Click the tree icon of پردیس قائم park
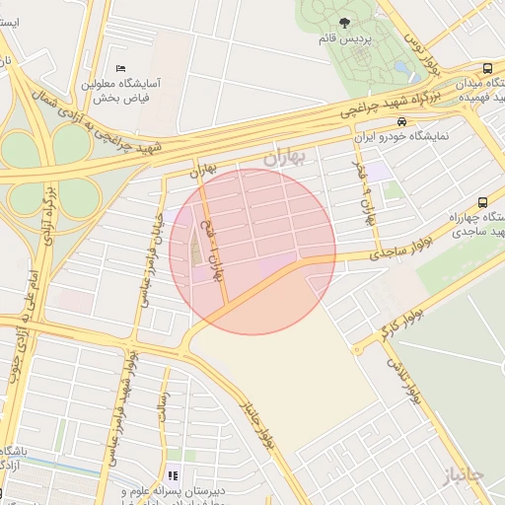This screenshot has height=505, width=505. pyautogui.click(x=343, y=24)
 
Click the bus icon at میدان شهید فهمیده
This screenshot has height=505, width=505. pyautogui.click(x=487, y=69)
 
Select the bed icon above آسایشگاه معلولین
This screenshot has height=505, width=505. pyautogui.click(x=120, y=68)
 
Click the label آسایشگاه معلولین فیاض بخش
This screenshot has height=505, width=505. pyautogui.click(x=148, y=92)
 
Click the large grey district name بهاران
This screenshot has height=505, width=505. pyautogui.click(x=287, y=157)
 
